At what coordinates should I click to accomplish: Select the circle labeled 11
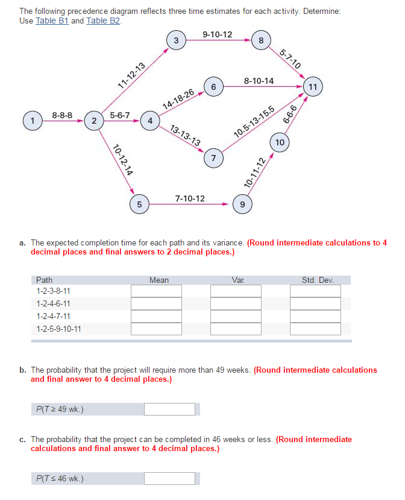313,87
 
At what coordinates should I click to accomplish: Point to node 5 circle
139,204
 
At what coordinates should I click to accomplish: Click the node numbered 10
280,142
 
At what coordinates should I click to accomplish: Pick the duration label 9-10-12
218,34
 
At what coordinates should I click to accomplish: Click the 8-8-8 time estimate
62,115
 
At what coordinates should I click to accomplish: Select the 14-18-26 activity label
178,98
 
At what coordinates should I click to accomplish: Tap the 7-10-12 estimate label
190,198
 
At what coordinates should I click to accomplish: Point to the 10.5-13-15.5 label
254,124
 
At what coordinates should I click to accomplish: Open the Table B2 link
103,21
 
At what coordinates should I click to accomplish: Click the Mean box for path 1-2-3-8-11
156,291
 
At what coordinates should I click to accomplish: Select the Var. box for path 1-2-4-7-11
236,317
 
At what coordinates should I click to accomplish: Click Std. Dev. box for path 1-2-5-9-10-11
315,329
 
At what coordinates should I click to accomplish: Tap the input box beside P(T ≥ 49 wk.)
169,410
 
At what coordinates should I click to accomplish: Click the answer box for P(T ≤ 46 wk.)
169,479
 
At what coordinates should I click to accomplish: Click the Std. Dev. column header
318,280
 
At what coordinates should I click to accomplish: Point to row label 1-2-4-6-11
54,304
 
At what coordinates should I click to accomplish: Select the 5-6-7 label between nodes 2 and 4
120,115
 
